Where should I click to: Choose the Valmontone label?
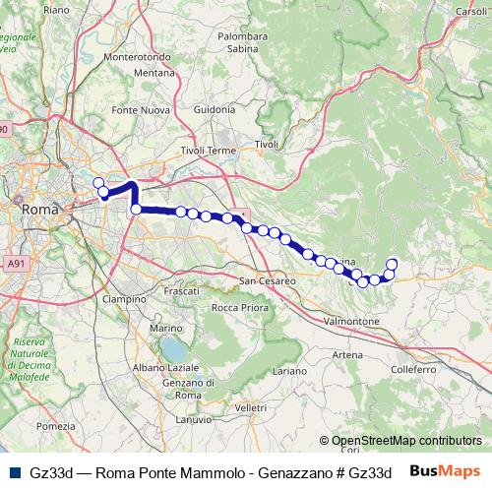click(x=351, y=322)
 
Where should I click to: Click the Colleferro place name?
click(x=413, y=369)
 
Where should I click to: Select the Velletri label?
click(x=251, y=407)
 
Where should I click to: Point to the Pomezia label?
click(x=54, y=426)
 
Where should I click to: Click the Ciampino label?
click(x=124, y=298)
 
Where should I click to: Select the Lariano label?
click(x=290, y=371)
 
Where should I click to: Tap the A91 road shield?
click(x=15, y=264)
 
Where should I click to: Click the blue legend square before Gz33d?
click(x=17, y=472)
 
